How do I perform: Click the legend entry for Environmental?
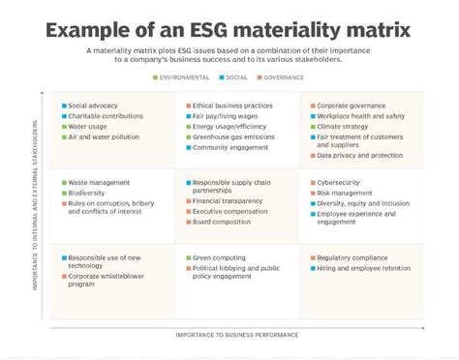(x=181, y=76)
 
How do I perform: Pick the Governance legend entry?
(x=281, y=76)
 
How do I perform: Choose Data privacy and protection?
(x=359, y=155)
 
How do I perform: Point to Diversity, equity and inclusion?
(x=363, y=203)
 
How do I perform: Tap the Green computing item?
(x=220, y=258)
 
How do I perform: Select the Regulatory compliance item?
(x=353, y=258)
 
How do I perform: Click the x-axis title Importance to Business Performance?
(x=237, y=334)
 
